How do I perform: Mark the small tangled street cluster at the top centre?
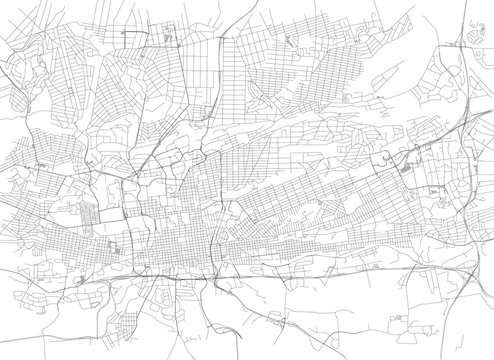coord(168,38)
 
